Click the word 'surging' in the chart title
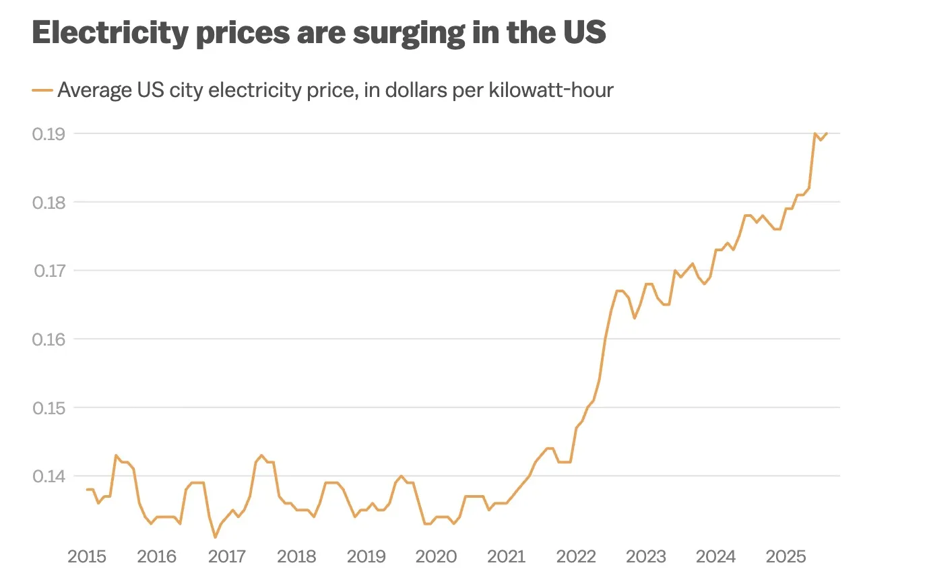point(408,33)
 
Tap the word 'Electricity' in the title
point(110,33)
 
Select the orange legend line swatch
point(42,90)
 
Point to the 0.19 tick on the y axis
point(49,134)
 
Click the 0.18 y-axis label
point(49,203)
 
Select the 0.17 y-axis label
point(49,271)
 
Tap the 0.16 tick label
point(49,339)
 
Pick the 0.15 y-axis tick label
point(49,408)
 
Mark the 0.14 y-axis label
point(49,476)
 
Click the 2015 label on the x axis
point(87,556)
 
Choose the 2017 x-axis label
point(227,556)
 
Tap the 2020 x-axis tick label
point(436,556)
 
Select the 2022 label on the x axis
point(576,556)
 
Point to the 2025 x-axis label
point(786,556)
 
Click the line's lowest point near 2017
point(215,537)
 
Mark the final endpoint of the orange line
point(827,133)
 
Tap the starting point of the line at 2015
point(87,490)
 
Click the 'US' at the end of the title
point(585,33)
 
